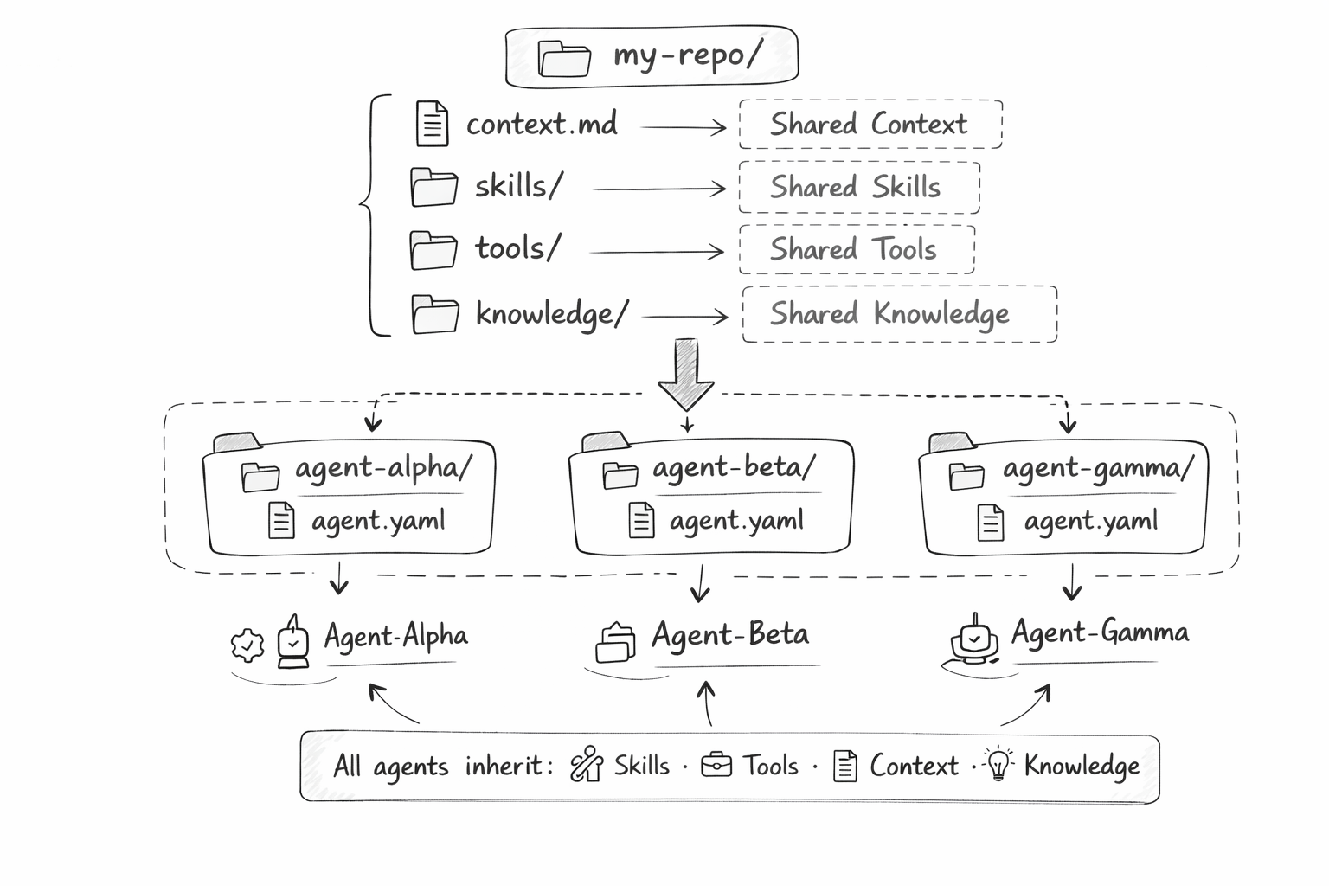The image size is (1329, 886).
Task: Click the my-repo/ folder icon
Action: pyautogui.click(x=563, y=58)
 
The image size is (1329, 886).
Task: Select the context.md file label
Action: pyautogui.click(x=542, y=125)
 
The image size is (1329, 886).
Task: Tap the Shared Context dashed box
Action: pyautogui.click(x=870, y=125)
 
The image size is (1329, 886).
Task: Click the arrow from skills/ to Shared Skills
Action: pyautogui.click(x=659, y=189)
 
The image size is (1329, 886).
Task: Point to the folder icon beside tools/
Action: pyautogui.click(x=433, y=250)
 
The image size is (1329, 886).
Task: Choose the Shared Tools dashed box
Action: pyautogui.click(x=856, y=250)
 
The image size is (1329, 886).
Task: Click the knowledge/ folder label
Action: pyautogui.click(x=551, y=314)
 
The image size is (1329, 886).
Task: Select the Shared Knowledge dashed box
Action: pyautogui.click(x=899, y=314)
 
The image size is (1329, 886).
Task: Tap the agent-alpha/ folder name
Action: pyautogui.click(x=383, y=468)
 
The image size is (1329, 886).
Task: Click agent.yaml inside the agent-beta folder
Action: pyautogui.click(x=736, y=521)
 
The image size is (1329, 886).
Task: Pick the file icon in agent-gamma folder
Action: pyautogui.click(x=990, y=522)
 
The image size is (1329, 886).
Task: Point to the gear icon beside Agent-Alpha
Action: pyautogui.click(x=247, y=645)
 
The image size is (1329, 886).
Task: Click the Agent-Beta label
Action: pyautogui.click(x=731, y=634)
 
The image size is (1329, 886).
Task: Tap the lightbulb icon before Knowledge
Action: pyautogui.click(x=998, y=764)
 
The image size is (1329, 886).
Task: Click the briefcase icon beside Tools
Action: pyautogui.click(x=716, y=765)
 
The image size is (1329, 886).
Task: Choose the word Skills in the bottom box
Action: pyautogui.click(x=641, y=766)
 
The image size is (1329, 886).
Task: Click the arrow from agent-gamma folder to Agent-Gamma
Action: pyautogui.click(x=1072, y=582)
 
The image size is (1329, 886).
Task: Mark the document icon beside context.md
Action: pyautogui.click(x=432, y=123)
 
